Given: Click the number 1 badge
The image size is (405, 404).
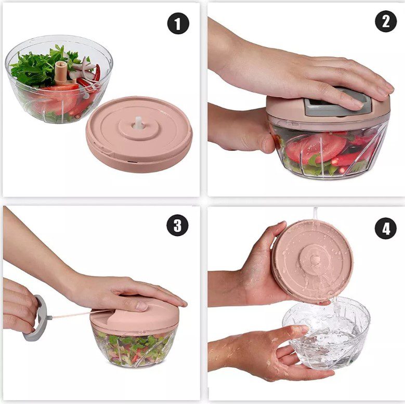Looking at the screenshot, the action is click(178, 24).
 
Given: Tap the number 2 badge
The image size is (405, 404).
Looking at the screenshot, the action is click(386, 21).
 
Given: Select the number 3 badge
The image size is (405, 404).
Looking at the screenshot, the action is click(177, 225).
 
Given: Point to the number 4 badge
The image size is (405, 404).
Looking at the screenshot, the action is click(386, 228).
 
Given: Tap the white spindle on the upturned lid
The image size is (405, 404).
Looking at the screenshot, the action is click(139, 123).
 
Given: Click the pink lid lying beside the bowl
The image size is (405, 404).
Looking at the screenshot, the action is click(139, 134).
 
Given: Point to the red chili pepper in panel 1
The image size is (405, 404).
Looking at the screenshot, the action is click(98, 73).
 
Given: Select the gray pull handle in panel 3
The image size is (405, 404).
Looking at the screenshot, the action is click(36, 318).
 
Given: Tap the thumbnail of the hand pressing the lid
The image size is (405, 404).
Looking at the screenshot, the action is click(141, 306).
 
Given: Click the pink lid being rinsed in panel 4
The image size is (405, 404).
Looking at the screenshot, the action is click(312, 260).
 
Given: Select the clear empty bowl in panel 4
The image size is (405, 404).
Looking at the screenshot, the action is click(326, 333).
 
